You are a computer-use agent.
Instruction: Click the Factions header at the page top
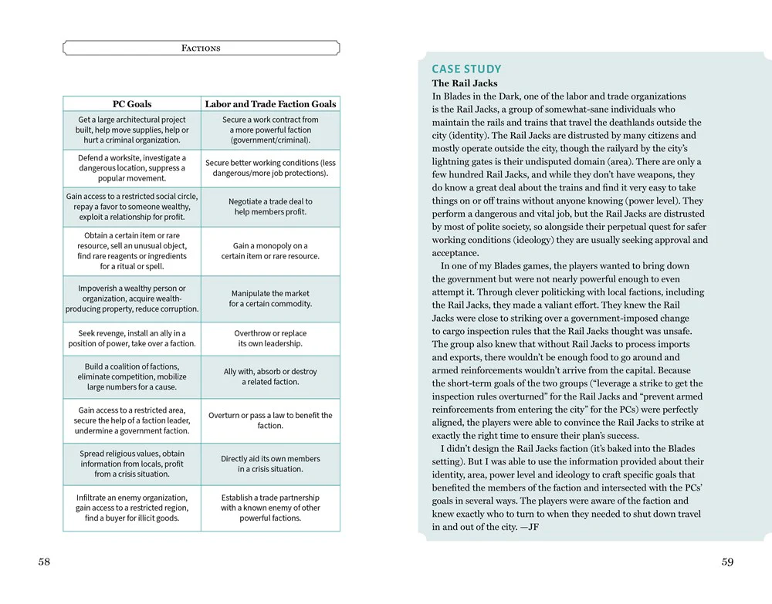tap(201, 48)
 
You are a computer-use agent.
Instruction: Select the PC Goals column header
tap(132, 104)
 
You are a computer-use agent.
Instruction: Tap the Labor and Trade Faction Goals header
tap(270, 104)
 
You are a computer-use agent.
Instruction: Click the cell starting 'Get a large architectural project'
tap(132, 130)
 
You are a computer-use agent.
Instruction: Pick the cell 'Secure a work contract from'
tap(270, 130)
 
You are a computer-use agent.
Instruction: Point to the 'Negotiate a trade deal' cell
tap(270, 207)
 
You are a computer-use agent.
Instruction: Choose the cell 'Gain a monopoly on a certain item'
tap(270, 251)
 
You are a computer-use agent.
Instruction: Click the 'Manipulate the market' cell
tap(270, 299)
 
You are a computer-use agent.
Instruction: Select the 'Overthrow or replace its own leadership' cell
tap(270, 339)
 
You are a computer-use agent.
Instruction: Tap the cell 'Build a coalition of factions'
tap(132, 376)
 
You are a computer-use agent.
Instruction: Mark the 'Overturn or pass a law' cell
tap(270, 420)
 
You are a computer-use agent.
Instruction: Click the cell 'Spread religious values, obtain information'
tap(132, 464)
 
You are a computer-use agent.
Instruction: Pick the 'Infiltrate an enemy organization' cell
tap(132, 508)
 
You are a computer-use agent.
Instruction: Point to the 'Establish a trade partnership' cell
tap(270, 508)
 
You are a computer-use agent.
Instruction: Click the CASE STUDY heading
tap(466, 69)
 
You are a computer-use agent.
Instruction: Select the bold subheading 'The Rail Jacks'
tap(465, 83)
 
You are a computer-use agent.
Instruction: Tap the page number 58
tap(44, 562)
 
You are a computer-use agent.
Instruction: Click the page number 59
tap(727, 562)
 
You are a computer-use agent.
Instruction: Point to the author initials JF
tap(531, 528)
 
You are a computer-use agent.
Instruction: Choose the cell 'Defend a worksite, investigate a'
tap(132, 168)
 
